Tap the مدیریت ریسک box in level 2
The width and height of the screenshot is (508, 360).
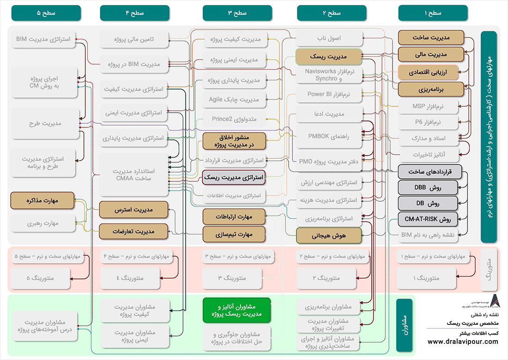point(328,57)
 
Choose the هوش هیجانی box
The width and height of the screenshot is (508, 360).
point(328,235)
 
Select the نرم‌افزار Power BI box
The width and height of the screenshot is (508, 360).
point(328,95)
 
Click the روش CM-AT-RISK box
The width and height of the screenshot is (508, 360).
point(428,219)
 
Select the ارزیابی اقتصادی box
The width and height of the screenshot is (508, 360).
point(428,72)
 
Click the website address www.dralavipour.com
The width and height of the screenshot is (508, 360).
point(463,342)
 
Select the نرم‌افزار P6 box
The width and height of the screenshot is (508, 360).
point(428,122)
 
